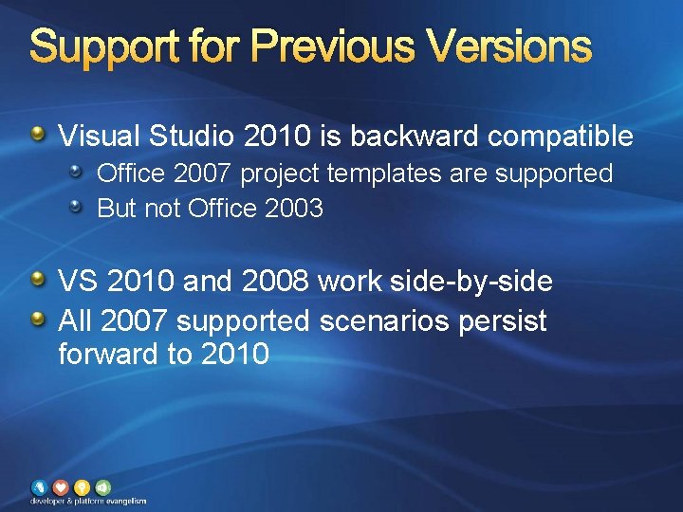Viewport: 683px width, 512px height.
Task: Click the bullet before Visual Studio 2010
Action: point(37,135)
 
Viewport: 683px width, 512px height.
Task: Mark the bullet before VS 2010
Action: point(37,280)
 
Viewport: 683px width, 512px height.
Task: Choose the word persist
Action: point(503,321)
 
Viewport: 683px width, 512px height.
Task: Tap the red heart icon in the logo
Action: point(60,486)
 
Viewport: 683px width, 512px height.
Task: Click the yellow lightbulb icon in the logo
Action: point(82,486)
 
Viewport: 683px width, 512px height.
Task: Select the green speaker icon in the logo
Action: point(102,486)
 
